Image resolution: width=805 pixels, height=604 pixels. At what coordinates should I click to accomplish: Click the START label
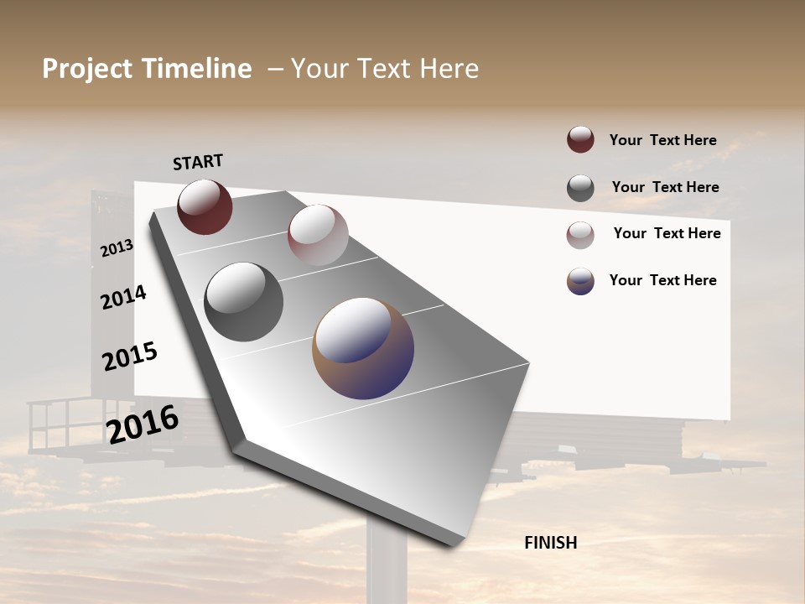click(x=198, y=162)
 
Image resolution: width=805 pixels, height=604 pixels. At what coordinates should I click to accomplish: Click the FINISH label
click(x=550, y=543)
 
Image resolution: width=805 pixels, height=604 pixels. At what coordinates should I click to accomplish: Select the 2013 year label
click(x=117, y=248)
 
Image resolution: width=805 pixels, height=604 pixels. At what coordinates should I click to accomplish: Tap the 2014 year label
click(x=123, y=297)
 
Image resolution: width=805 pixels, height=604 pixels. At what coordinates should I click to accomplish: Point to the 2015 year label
click(x=129, y=357)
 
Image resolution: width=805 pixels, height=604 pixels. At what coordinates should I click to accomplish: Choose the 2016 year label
click(x=142, y=424)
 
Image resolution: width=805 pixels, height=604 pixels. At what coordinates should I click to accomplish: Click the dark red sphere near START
click(x=205, y=206)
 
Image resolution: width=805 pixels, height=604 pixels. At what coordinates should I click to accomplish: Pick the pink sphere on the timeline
click(x=318, y=235)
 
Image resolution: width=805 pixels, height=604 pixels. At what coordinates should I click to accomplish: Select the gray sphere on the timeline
click(x=243, y=302)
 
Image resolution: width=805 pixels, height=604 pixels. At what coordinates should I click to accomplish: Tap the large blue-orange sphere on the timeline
click(x=363, y=347)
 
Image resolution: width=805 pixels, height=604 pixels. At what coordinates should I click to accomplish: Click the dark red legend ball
click(x=580, y=139)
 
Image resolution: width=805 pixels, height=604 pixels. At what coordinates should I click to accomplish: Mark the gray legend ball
click(x=580, y=188)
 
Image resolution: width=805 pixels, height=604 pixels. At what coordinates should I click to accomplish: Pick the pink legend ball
click(x=580, y=235)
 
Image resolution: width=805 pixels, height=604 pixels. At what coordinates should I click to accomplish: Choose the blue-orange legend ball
click(x=580, y=281)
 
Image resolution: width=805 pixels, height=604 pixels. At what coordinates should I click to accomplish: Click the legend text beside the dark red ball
click(x=662, y=140)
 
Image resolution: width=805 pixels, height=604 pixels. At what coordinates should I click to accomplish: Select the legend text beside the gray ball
click(x=665, y=187)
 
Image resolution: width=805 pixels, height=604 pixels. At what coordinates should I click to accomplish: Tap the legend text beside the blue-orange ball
click(x=662, y=280)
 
